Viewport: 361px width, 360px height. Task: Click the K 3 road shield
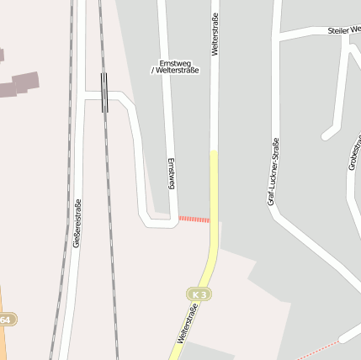(x=198, y=294)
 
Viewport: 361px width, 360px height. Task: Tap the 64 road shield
(x=6, y=320)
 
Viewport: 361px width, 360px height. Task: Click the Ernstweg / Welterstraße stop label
(x=174, y=67)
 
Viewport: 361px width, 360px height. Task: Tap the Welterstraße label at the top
(x=215, y=34)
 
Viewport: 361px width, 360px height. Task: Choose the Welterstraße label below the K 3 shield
(x=181, y=329)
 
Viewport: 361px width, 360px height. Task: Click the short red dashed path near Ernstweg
(x=194, y=219)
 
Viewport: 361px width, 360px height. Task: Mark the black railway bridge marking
(x=104, y=92)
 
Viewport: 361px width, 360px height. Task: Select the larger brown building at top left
(x=25, y=82)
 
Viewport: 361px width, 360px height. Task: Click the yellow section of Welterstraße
(x=214, y=202)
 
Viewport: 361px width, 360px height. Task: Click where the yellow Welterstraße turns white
(x=214, y=151)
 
